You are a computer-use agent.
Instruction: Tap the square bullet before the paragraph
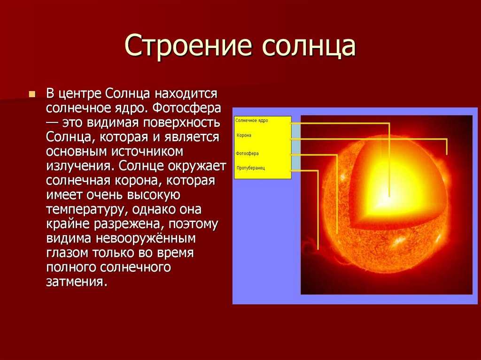(x=31, y=94)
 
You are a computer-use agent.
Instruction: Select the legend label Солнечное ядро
(x=252, y=121)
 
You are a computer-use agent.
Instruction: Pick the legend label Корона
(x=244, y=135)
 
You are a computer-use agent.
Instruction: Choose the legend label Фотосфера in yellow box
(x=247, y=153)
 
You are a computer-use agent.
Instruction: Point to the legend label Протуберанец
(x=251, y=168)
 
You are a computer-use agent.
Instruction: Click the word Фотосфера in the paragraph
(x=186, y=108)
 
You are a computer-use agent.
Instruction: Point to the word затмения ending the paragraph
(x=77, y=282)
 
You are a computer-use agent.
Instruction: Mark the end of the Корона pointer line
(x=447, y=154)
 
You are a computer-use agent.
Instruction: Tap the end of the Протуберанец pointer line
(x=318, y=249)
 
